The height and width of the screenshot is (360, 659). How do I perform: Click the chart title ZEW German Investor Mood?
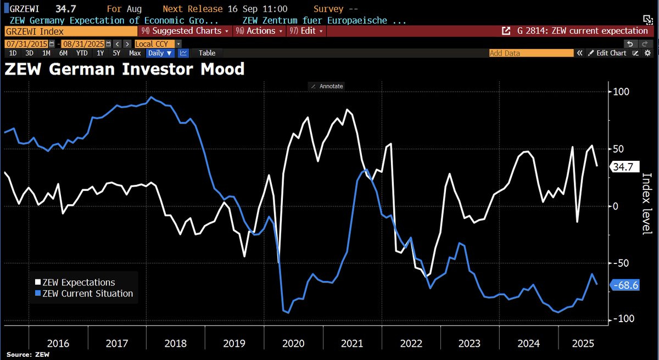click(x=124, y=69)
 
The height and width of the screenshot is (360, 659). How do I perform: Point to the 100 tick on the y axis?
click(x=621, y=92)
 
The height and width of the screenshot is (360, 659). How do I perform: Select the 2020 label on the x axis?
click(x=293, y=344)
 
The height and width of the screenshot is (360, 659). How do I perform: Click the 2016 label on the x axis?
click(x=58, y=344)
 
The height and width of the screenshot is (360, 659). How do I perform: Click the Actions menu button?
click(x=260, y=31)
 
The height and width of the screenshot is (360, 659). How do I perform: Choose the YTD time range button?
click(x=82, y=53)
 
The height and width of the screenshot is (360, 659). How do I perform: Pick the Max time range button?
click(x=135, y=53)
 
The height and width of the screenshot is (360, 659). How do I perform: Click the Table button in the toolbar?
click(x=207, y=53)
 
